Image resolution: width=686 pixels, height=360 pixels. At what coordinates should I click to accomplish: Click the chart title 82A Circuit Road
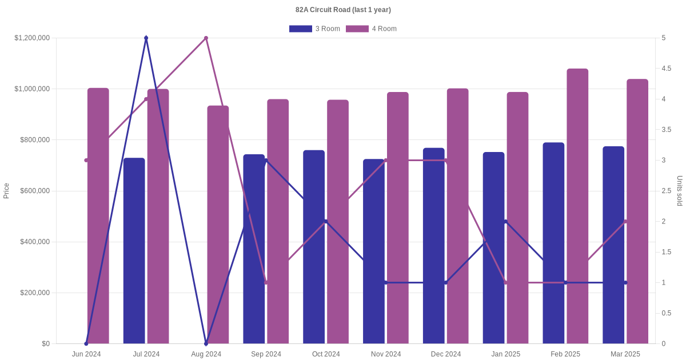(343, 10)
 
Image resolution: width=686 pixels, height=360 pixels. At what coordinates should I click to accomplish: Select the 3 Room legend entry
(314, 29)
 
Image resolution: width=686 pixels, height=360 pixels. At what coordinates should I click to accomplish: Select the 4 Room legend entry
(371, 29)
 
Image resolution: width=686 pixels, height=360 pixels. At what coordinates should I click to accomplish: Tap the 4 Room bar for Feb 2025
(577, 206)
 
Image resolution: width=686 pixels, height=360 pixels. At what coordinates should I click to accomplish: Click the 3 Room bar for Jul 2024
(134, 251)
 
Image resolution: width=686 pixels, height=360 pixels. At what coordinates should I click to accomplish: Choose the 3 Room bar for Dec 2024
(434, 246)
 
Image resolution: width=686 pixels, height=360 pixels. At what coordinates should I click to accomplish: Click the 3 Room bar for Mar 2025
(613, 245)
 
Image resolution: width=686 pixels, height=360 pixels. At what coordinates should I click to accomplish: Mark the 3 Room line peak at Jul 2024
(146, 38)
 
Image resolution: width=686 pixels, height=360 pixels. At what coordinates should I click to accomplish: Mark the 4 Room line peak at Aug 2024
(206, 38)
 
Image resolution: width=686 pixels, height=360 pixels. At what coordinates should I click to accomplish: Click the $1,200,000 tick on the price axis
(32, 38)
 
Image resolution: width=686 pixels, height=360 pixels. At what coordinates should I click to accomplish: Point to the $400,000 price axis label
(35, 242)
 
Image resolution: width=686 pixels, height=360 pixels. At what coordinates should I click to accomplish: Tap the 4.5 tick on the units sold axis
(667, 69)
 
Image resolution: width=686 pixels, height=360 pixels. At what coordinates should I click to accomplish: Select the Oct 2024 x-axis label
(326, 354)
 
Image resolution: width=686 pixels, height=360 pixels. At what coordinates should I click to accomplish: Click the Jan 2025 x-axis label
(505, 354)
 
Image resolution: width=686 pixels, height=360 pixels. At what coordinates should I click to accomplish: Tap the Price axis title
(6, 191)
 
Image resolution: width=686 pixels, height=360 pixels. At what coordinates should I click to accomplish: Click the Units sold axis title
(680, 191)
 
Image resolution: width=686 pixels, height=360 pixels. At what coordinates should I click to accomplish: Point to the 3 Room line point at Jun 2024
(86, 343)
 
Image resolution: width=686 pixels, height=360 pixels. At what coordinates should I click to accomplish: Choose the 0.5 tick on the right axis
(667, 313)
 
